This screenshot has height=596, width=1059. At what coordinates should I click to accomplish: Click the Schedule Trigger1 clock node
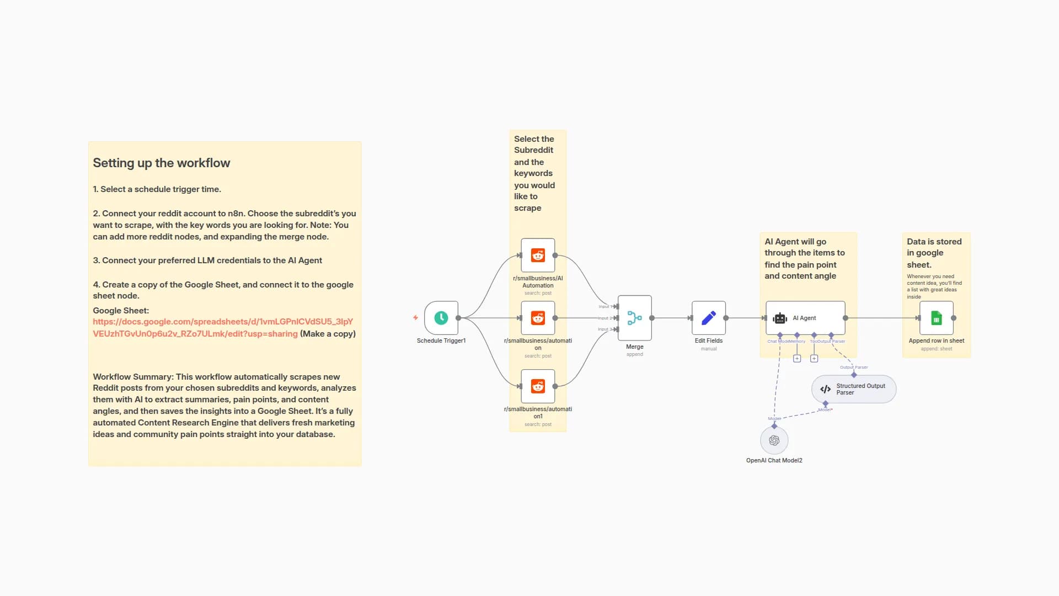[x=441, y=318]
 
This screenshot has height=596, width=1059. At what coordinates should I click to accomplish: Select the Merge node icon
[x=634, y=318]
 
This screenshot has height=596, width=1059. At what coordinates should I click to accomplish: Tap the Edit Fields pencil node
[x=708, y=318]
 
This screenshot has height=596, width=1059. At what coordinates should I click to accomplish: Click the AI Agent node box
[x=805, y=318]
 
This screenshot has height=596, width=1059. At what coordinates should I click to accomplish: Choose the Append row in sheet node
[x=936, y=318]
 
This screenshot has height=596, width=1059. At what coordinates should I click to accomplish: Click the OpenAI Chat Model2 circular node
[x=774, y=440]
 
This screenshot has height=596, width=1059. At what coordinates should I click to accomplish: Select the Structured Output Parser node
[x=853, y=389]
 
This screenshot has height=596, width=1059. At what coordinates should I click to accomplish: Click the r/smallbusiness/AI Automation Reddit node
[x=538, y=255]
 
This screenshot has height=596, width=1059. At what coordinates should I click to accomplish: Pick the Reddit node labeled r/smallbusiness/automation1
[x=538, y=386]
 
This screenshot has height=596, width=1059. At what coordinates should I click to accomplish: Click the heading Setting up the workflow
[x=161, y=163]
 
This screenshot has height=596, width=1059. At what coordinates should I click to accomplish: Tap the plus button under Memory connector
[x=797, y=359]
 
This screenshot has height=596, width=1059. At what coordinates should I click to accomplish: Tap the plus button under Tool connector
[x=814, y=359]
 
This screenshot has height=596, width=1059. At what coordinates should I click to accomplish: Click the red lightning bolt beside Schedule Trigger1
[x=415, y=318]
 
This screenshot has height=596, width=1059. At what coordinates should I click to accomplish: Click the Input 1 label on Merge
[x=605, y=307]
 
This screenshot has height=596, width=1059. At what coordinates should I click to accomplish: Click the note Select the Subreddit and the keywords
[x=534, y=173]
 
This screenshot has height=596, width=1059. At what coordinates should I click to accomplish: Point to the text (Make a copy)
[x=328, y=334]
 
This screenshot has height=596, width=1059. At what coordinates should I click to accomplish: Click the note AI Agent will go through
[x=804, y=259]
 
